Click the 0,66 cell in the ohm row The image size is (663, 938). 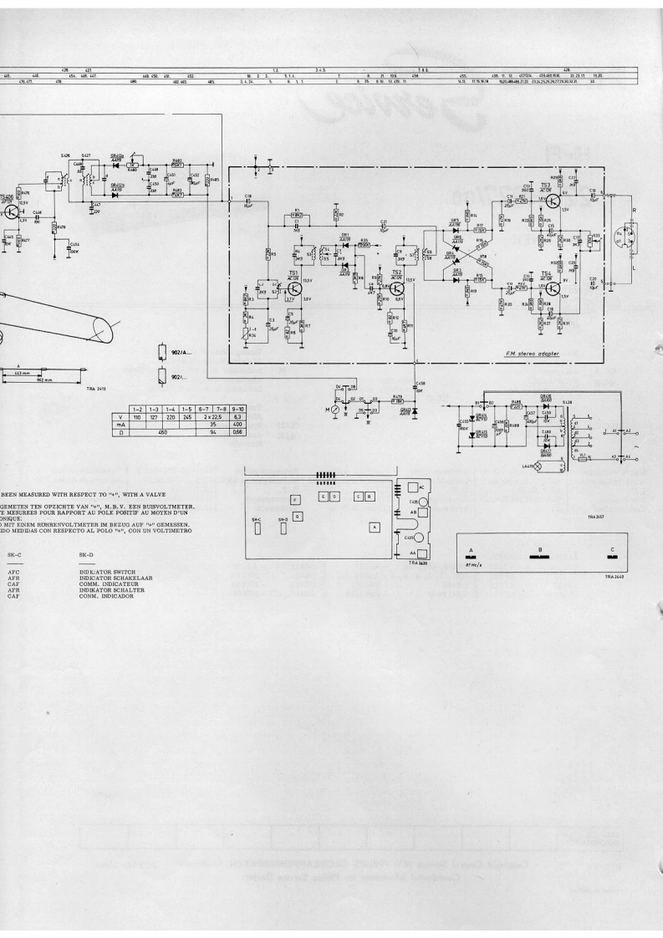click(237, 431)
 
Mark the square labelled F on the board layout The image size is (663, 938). click(294, 499)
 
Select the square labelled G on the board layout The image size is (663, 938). click(297, 517)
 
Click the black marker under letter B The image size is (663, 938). click(540, 558)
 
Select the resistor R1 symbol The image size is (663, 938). click(295, 215)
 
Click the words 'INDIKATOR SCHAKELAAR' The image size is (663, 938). click(115, 578)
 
